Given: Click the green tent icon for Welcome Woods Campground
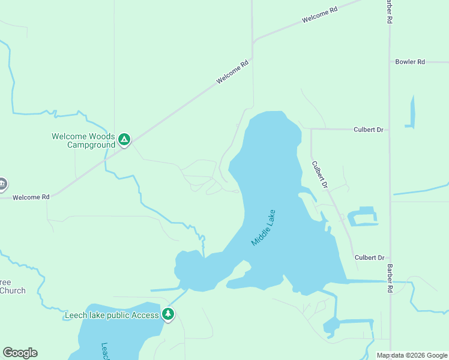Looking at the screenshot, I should click(124, 140).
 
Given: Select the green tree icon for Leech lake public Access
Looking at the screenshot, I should click(168, 314).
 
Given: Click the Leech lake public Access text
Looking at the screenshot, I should click(112, 315).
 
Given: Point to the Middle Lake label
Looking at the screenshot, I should click(264, 227).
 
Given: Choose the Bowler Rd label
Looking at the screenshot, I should click(410, 62).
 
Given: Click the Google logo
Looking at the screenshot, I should click(20, 353).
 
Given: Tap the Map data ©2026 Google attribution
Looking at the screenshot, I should click(412, 355).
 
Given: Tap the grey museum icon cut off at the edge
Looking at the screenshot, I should click(2, 184).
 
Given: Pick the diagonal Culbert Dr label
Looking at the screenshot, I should click(319, 175).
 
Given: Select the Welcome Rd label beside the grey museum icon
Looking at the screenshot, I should click(29, 197).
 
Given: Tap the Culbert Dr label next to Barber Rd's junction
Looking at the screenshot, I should click(369, 257).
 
